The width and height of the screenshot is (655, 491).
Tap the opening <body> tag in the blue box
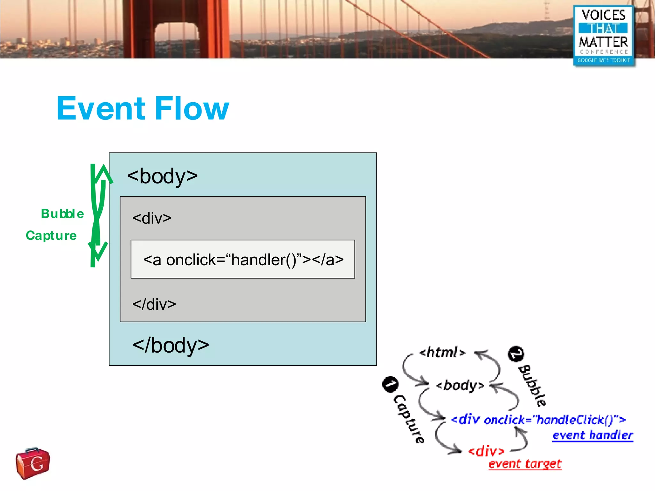click(x=162, y=176)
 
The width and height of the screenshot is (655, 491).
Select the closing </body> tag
click(x=171, y=346)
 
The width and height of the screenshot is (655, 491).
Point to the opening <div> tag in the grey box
click(x=152, y=218)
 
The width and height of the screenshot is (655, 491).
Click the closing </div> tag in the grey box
click(x=154, y=304)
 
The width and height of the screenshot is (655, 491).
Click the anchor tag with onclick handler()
click(x=243, y=260)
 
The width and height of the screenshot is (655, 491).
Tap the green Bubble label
click(x=62, y=214)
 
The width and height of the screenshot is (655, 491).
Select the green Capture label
click(x=51, y=236)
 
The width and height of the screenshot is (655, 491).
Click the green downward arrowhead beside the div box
click(x=98, y=251)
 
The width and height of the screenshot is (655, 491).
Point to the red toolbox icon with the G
click(x=33, y=463)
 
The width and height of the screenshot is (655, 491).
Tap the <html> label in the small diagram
click(x=442, y=352)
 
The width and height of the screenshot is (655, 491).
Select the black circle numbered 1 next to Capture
click(x=390, y=384)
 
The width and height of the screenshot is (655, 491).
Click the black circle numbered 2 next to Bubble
click(x=516, y=354)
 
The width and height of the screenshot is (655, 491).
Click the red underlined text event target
click(x=525, y=464)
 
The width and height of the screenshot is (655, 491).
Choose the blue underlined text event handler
click(x=592, y=435)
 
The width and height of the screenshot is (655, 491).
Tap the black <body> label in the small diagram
click(x=460, y=386)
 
